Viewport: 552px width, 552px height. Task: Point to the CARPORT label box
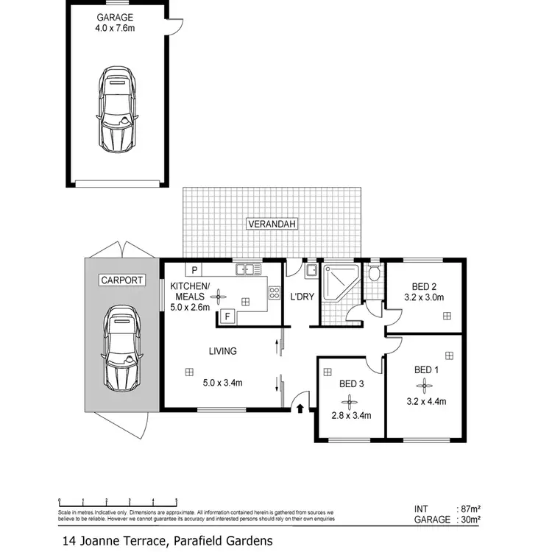tap(121, 280)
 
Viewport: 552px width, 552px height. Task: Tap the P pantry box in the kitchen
tap(195, 270)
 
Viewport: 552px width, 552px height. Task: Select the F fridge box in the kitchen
tap(227, 317)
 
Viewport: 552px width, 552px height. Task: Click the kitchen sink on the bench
tap(245, 270)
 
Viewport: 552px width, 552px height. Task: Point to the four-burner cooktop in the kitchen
tap(275, 292)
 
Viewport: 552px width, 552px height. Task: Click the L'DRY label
tap(302, 296)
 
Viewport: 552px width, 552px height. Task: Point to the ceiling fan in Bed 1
tap(424, 385)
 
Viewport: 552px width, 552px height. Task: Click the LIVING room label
tap(222, 351)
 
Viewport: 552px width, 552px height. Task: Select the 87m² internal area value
tap(469, 509)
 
